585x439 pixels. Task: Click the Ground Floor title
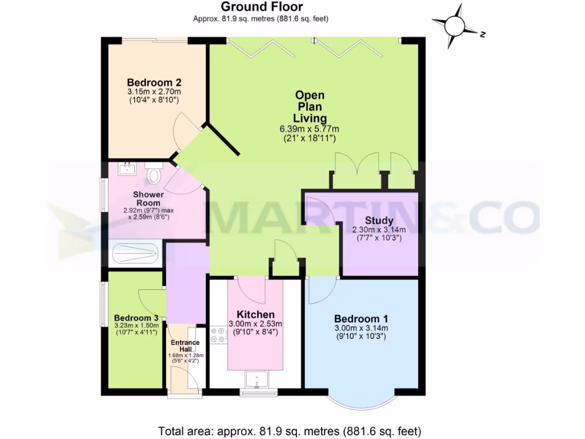(262, 7)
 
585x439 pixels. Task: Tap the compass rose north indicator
(455, 26)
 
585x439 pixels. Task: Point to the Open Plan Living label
(310, 107)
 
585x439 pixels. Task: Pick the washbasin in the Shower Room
(127, 168)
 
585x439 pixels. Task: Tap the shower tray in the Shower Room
(135, 253)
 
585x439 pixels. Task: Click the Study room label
(379, 221)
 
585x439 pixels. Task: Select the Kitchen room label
(255, 314)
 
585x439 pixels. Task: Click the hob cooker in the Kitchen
(218, 335)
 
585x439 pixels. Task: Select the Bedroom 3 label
(136, 318)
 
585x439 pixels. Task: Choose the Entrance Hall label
(186, 346)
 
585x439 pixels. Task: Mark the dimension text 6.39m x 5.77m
(308, 129)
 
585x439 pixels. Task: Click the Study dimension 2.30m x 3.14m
(379, 230)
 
